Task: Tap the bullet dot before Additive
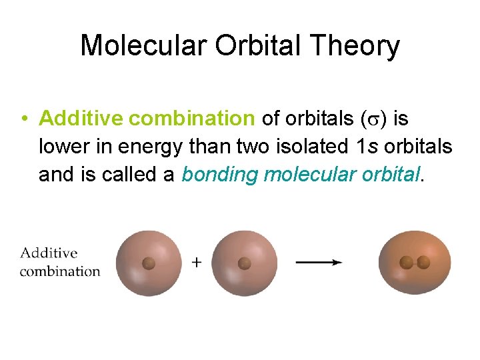23,119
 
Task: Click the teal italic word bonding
220,175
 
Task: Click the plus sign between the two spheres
197,263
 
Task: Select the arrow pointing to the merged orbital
319,263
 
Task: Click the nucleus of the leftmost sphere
149,263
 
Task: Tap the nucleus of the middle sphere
245,263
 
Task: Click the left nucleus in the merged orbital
406,263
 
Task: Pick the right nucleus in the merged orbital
423,263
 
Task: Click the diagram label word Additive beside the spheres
49,253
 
